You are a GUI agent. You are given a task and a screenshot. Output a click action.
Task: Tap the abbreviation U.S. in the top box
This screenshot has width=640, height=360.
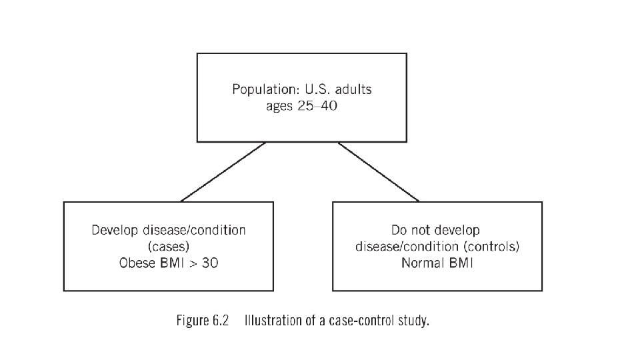[x=318, y=89]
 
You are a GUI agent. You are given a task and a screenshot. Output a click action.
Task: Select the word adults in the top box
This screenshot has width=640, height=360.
[x=353, y=89]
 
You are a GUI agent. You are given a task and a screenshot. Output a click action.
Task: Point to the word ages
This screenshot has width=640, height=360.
[x=279, y=106]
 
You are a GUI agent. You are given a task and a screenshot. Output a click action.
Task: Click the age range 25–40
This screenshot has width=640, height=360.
[x=317, y=106]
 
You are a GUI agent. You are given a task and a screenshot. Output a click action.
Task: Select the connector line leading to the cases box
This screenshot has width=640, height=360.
[x=223, y=172]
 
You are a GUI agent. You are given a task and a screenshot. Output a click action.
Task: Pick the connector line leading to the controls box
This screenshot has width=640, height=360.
[x=379, y=172]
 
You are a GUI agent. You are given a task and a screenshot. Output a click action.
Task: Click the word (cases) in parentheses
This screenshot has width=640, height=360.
[x=169, y=247]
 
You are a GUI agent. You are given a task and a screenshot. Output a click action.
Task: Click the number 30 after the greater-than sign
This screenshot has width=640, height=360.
[x=210, y=263]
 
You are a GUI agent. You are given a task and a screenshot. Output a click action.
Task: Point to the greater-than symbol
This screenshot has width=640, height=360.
[x=193, y=263]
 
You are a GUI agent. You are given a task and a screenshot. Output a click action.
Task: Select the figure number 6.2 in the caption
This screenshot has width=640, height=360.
[x=221, y=321]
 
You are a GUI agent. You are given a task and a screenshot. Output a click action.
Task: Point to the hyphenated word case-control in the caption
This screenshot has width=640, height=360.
[x=361, y=321]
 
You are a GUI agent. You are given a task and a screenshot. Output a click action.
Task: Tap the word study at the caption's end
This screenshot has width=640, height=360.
[x=414, y=321]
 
